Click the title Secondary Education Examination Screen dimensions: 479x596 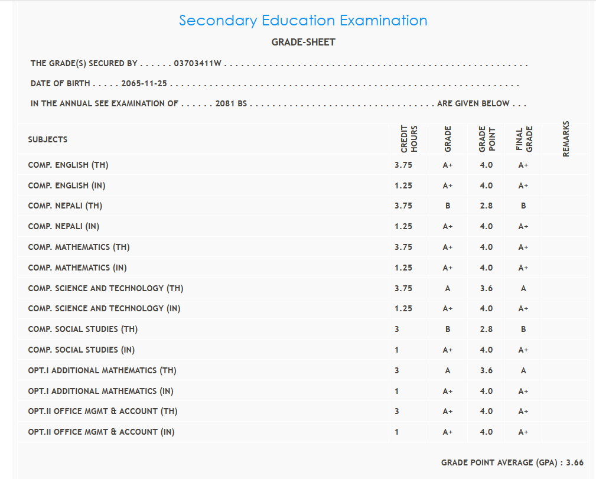tap(303, 21)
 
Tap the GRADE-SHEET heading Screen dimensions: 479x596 tap(303, 42)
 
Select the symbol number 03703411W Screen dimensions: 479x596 tap(197, 64)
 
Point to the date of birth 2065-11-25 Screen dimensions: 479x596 tap(144, 84)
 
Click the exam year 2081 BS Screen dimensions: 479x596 tap(231, 103)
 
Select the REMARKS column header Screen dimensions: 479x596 tap(566, 139)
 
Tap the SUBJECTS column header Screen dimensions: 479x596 tap(48, 140)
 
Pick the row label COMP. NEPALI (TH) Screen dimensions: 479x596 tap(65, 206)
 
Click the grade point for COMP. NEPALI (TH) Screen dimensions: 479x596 tap(486, 206)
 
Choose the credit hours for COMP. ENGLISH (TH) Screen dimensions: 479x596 tap(403, 165)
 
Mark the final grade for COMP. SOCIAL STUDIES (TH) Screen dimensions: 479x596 tap(523, 329)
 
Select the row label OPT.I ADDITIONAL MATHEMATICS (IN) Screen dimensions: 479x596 tap(100, 391)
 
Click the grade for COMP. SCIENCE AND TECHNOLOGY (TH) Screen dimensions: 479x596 tap(448, 288)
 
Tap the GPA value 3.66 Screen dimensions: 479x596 tap(575, 462)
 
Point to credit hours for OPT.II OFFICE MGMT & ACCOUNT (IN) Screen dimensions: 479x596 tap(397, 432)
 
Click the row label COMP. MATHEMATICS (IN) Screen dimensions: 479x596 tap(77, 268)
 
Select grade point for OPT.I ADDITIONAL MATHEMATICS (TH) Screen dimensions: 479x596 tap(486, 370)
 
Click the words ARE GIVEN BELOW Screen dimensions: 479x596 tap(473, 103)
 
